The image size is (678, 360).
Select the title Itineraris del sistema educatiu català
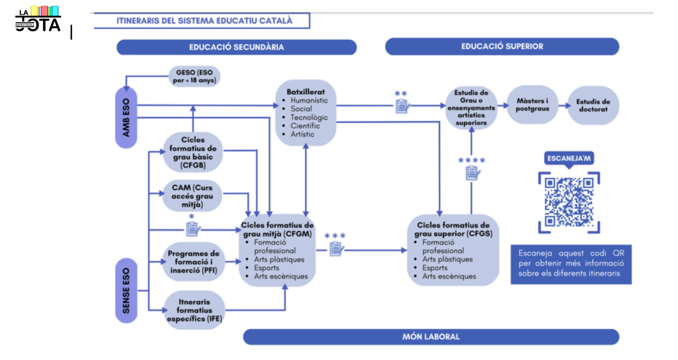point(204,21)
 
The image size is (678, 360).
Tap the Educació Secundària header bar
point(236,47)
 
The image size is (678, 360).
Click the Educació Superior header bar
point(502,47)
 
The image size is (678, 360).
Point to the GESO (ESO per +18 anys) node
point(195,76)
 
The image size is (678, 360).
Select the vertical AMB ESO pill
point(126,117)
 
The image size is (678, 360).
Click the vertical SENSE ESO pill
point(126,290)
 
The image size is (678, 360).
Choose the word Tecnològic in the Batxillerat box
point(309,117)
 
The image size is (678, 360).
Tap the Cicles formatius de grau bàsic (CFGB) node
point(193,152)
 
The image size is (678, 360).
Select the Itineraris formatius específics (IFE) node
point(193,310)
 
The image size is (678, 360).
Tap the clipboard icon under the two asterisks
point(403,105)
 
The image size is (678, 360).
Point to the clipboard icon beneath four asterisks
point(472,173)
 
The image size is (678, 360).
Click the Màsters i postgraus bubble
point(532,105)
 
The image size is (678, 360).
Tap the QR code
point(569,202)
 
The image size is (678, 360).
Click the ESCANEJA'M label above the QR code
point(569,159)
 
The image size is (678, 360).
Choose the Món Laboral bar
point(430,337)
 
